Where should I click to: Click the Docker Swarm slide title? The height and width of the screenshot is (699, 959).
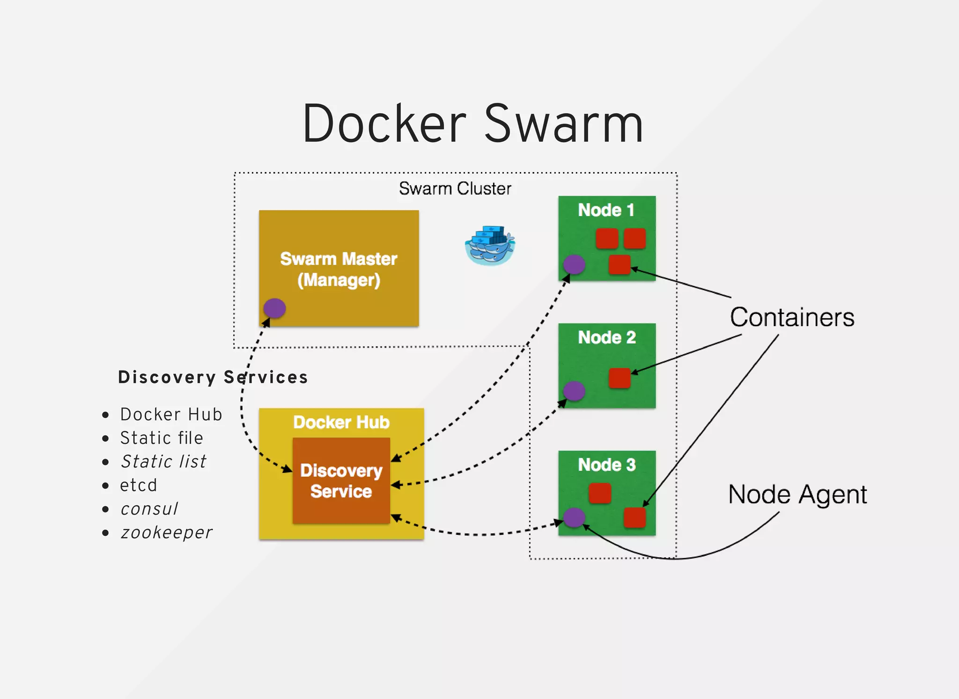(x=473, y=124)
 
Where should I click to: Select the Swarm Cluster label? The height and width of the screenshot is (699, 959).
(x=455, y=189)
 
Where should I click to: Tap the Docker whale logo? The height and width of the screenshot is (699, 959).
(x=490, y=246)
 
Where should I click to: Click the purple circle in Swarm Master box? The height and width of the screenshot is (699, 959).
(x=274, y=308)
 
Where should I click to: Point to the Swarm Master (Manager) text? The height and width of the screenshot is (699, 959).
(x=339, y=269)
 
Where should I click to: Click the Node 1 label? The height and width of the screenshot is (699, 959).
(x=606, y=210)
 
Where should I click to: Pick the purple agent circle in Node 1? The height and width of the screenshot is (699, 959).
(x=574, y=265)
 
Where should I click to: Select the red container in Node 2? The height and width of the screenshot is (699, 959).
(x=620, y=378)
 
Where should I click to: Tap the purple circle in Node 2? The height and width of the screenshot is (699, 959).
(x=574, y=391)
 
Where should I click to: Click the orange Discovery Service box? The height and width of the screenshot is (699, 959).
(x=341, y=481)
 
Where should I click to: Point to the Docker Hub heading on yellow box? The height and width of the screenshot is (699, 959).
(x=341, y=422)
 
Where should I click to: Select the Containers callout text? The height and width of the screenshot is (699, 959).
(x=792, y=318)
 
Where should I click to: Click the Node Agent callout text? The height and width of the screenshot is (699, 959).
(x=797, y=495)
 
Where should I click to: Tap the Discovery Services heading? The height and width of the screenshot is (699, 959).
(x=213, y=377)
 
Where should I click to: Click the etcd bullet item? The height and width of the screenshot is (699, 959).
(x=139, y=485)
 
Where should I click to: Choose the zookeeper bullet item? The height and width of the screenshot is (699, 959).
(x=166, y=532)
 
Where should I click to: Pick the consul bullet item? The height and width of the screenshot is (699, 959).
(x=149, y=509)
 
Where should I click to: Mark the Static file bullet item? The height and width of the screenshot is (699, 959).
(x=162, y=438)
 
